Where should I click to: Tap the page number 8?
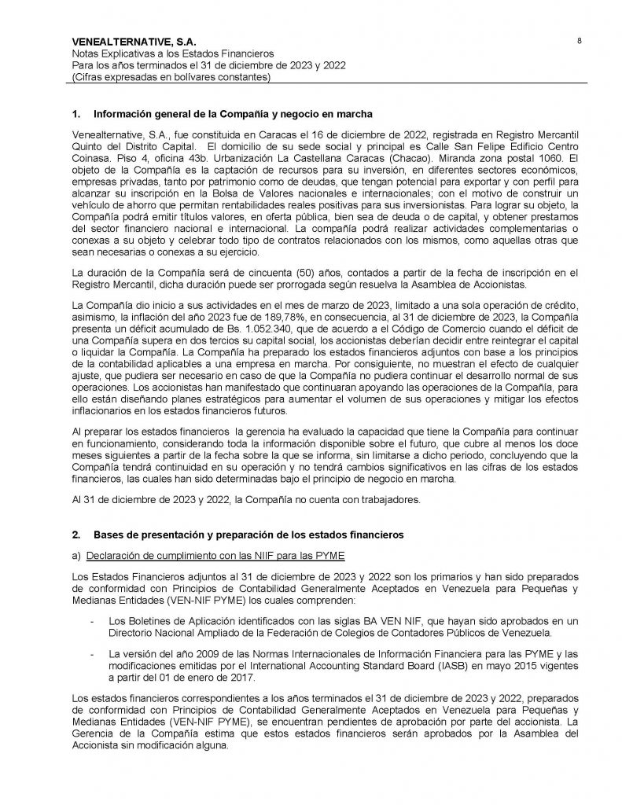(x=580, y=41)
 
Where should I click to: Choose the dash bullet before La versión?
(x=94, y=654)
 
